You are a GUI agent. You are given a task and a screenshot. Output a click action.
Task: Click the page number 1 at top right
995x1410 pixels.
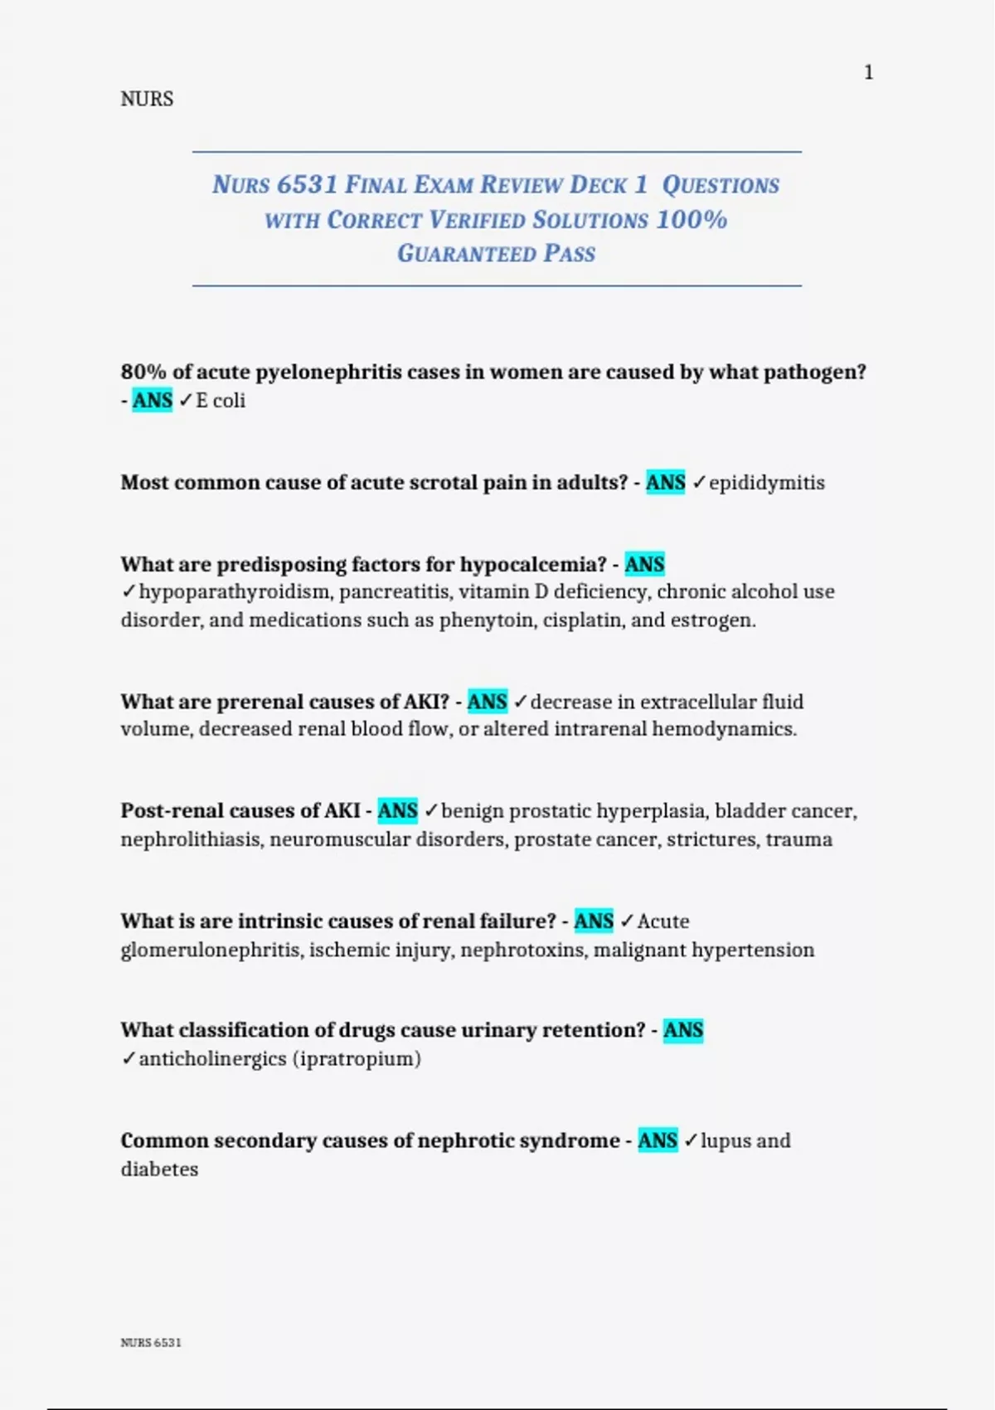tap(868, 73)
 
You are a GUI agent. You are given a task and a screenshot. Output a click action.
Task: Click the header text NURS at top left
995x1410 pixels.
tap(147, 100)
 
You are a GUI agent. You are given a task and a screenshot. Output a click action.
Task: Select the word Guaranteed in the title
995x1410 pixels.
tap(467, 254)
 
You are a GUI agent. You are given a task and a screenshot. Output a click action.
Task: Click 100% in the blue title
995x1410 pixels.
tap(692, 220)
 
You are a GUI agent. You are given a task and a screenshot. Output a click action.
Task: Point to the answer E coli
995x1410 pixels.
tap(221, 401)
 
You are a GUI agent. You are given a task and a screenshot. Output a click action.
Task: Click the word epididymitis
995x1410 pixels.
tap(767, 483)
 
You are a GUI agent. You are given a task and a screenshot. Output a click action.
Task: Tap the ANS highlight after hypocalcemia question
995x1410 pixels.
tap(645, 565)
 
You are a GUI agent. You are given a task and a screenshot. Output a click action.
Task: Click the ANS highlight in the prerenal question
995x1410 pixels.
tap(488, 702)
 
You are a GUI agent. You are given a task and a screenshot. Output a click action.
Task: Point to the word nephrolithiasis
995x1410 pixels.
tap(191, 839)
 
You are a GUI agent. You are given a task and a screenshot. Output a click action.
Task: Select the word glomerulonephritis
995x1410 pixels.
tap(211, 950)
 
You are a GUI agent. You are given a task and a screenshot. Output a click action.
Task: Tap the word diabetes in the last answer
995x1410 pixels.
tap(159, 1169)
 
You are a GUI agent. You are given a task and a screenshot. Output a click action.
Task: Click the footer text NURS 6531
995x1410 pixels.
tap(151, 1343)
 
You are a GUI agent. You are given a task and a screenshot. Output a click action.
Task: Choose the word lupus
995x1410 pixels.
tap(723, 1141)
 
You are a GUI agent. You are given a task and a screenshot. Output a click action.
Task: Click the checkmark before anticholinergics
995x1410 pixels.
tap(128, 1059)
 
